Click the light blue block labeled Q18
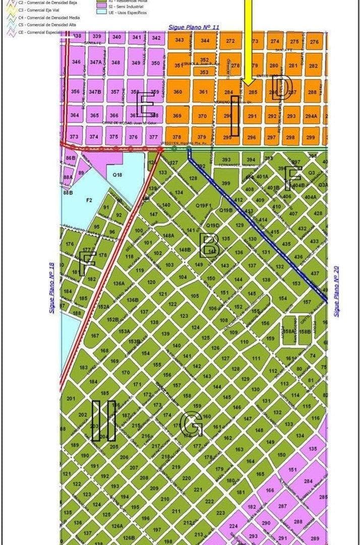(117, 175)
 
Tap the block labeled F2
(89, 200)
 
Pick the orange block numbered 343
(179, 40)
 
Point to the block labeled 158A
(289, 332)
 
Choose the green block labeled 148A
(168, 235)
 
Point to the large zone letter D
(283, 88)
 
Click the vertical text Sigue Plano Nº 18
(51, 288)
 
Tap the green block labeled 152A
(103, 307)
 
